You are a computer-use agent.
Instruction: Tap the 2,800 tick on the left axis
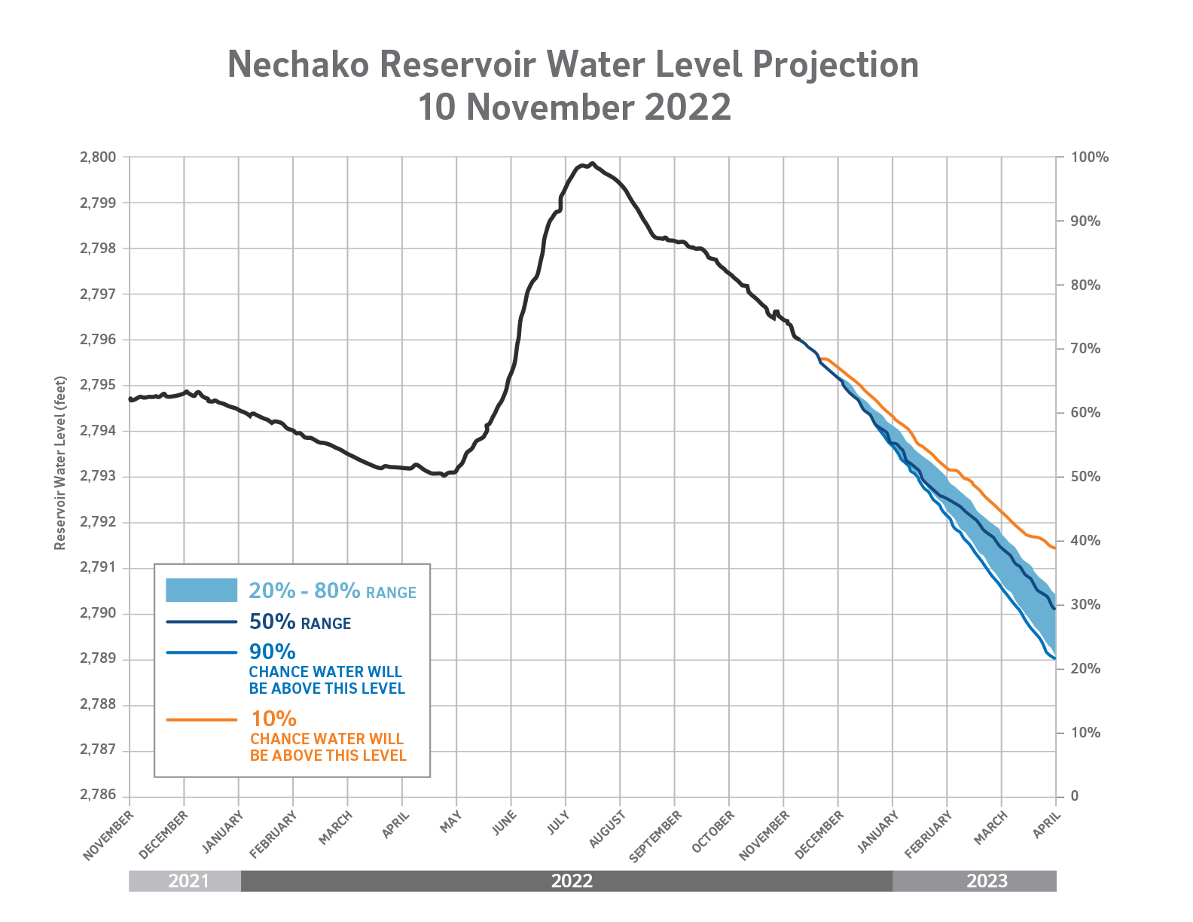[98, 157]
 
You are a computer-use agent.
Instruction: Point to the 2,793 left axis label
[98, 477]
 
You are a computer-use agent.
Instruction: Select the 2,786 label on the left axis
[98, 796]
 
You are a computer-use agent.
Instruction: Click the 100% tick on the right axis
[1089, 157]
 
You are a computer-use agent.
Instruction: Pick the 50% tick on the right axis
[1085, 477]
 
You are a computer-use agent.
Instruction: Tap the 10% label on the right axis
[1085, 733]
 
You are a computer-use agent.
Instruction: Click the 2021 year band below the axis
[188, 881]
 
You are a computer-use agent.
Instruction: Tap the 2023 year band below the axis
[987, 881]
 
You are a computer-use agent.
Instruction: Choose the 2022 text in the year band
[572, 881]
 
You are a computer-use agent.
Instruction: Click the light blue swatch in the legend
[202, 591]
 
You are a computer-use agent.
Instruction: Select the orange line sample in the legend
[202, 720]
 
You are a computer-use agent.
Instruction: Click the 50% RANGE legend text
[300, 622]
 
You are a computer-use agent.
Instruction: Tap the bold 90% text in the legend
[272, 652]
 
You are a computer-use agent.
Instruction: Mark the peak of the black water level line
[592, 163]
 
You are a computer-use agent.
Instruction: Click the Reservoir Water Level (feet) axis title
[60, 463]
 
